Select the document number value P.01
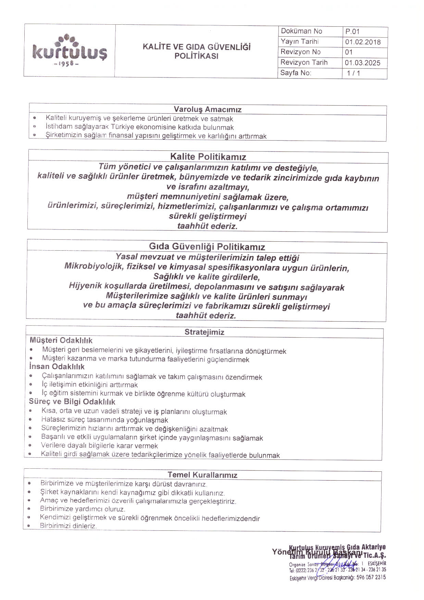pos(352,32)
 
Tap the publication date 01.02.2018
pos(363,42)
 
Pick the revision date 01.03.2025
pos(363,63)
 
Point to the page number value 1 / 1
pos(353,73)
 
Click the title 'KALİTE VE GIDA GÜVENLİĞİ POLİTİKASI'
pos(197,51)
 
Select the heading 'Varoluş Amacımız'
pos(208,110)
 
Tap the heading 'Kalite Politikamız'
pos(208,157)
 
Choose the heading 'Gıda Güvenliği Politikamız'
pos(207,247)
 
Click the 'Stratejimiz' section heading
pos(204,332)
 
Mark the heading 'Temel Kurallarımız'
pos(202,475)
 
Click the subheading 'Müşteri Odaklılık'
pos(61,340)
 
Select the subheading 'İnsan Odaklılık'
pos(57,367)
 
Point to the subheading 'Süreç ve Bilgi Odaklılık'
pos(72,402)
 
